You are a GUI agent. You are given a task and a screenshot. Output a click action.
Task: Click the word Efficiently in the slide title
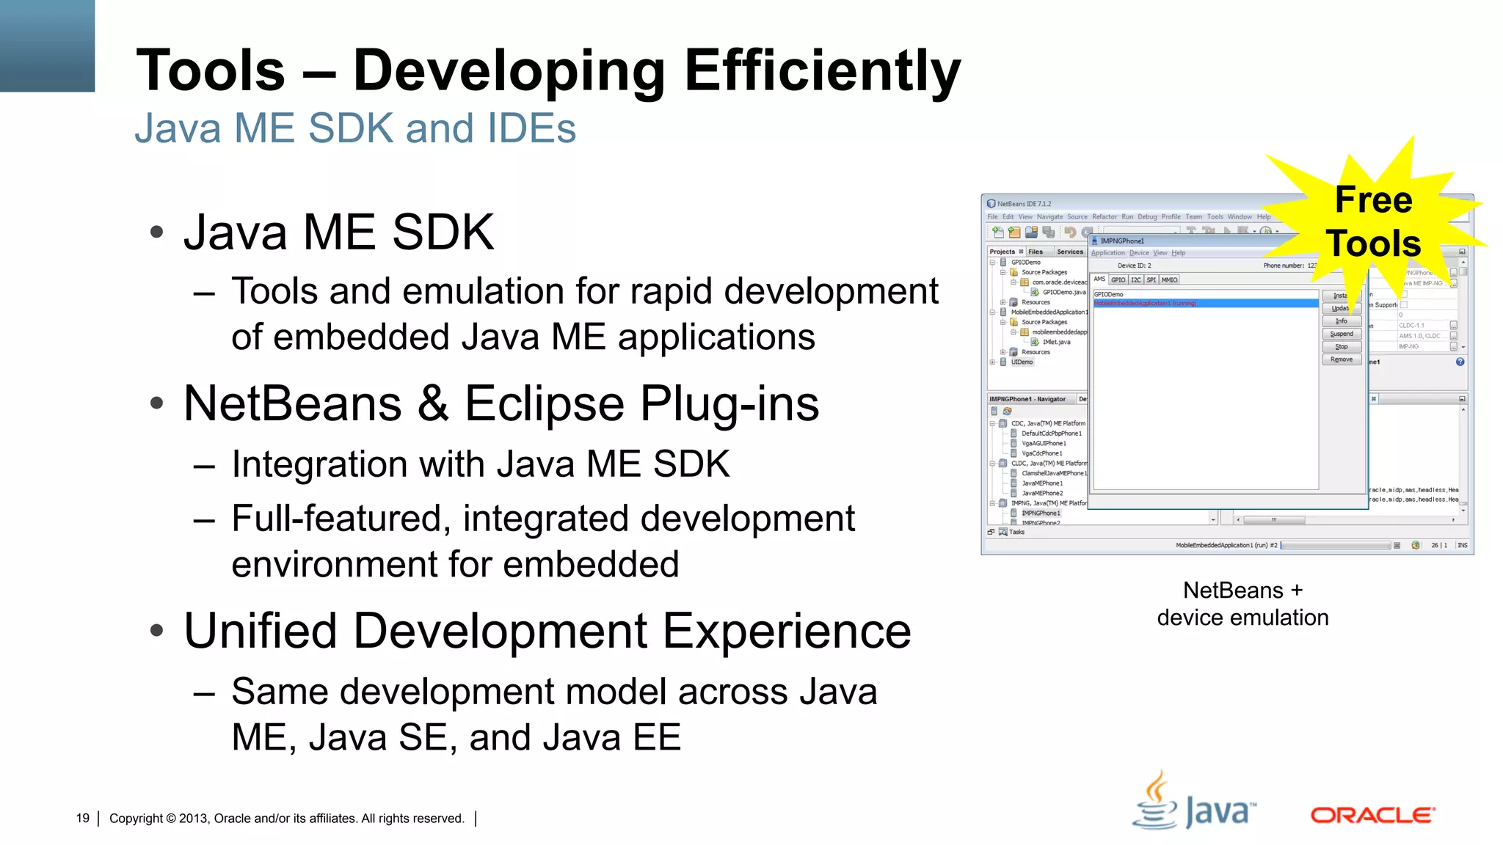tap(822, 71)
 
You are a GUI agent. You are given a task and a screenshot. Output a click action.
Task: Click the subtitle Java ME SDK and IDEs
tap(355, 128)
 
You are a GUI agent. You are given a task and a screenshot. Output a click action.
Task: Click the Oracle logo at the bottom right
tap(1372, 815)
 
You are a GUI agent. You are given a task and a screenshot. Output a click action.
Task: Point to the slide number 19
tap(82, 818)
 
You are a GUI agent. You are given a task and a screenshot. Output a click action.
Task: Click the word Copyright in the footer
tap(136, 818)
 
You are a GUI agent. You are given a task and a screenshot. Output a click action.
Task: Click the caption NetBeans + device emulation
tap(1242, 604)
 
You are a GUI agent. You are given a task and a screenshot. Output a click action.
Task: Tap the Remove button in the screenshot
tap(1341, 359)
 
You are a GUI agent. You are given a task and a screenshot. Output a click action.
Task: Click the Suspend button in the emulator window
tap(1341, 334)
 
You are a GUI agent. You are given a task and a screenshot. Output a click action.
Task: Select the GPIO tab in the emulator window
tap(1118, 279)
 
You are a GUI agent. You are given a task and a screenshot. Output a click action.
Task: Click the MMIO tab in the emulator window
tap(1169, 279)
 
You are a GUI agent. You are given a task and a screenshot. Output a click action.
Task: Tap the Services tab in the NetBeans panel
tap(1069, 252)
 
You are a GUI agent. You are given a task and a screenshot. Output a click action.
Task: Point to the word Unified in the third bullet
tap(260, 631)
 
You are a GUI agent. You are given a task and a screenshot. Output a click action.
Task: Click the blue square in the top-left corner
tap(47, 45)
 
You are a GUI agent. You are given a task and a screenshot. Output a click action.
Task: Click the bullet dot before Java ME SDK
tap(156, 233)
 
